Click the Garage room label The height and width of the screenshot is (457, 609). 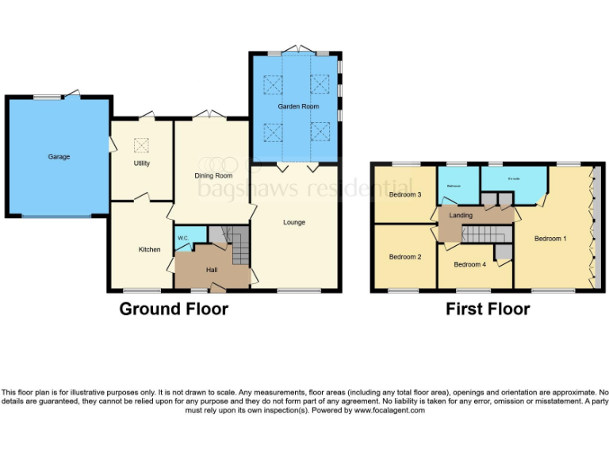[59, 157]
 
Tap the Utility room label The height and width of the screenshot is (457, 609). [142, 163]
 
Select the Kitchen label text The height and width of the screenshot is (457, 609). [150, 250]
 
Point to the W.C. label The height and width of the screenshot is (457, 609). [182, 238]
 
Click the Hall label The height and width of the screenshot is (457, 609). [212, 270]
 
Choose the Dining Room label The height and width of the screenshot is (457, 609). [213, 175]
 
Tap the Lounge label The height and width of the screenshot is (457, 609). [294, 222]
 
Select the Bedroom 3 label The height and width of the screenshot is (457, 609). [404, 194]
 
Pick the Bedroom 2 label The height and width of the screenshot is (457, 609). [404, 256]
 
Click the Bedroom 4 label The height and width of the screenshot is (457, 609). [469, 264]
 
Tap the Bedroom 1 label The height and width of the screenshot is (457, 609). [550, 238]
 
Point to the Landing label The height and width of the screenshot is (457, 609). [461, 215]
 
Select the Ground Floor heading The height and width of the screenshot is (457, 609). [174, 309]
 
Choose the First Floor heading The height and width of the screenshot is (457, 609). [487, 309]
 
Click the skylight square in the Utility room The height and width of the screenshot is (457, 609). [142, 144]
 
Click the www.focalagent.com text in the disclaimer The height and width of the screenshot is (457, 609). [389, 410]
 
